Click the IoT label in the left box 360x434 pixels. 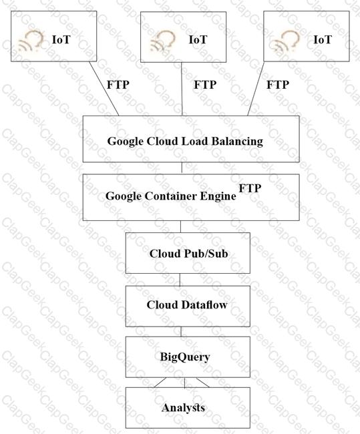click(x=61, y=39)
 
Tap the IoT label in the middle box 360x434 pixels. click(x=198, y=39)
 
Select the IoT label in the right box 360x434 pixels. click(x=323, y=39)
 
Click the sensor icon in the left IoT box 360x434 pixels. click(x=31, y=41)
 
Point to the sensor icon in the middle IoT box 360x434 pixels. click(x=162, y=41)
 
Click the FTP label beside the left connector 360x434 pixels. click(x=118, y=85)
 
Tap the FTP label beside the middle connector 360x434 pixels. click(x=205, y=85)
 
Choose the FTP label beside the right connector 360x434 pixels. click(x=278, y=85)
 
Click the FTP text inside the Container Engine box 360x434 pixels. click(x=250, y=188)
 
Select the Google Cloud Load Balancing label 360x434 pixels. click(x=185, y=141)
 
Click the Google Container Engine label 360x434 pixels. click(x=171, y=196)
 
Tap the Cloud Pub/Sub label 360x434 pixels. click(x=188, y=254)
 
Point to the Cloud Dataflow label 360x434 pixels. click(x=187, y=304)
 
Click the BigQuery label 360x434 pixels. click(x=185, y=357)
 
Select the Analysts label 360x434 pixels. click(x=183, y=408)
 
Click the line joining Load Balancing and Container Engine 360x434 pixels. click(x=182, y=168)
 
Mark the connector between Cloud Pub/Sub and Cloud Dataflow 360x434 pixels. click(x=180, y=280)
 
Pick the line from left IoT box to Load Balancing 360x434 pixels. click(x=104, y=89)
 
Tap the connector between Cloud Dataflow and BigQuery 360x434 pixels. click(x=181, y=332)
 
